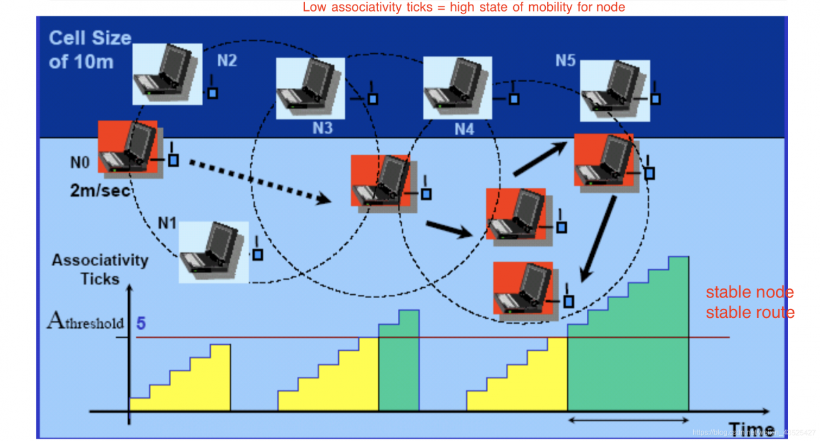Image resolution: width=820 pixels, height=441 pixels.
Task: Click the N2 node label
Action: point(227,61)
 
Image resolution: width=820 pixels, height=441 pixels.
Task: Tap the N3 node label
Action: point(322,128)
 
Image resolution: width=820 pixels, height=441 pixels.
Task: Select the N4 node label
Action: point(464,129)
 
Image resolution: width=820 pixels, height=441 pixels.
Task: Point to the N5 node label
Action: point(565,61)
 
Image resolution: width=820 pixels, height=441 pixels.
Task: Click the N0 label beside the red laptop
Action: point(79,163)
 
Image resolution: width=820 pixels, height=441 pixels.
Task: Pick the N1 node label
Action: point(167,223)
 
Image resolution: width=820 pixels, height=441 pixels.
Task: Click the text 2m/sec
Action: point(101,190)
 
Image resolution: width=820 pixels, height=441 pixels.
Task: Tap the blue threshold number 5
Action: point(141,323)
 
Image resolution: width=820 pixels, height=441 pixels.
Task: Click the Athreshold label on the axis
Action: point(85,322)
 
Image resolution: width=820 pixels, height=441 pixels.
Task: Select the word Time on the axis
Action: point(751,430)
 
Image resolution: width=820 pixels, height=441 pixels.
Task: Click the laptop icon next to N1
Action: point(213,252)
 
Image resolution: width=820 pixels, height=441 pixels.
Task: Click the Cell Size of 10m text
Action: point(90,50)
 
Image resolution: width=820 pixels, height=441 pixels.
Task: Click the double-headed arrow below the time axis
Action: point(628,420)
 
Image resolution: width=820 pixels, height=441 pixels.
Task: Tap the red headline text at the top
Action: point(463,8)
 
